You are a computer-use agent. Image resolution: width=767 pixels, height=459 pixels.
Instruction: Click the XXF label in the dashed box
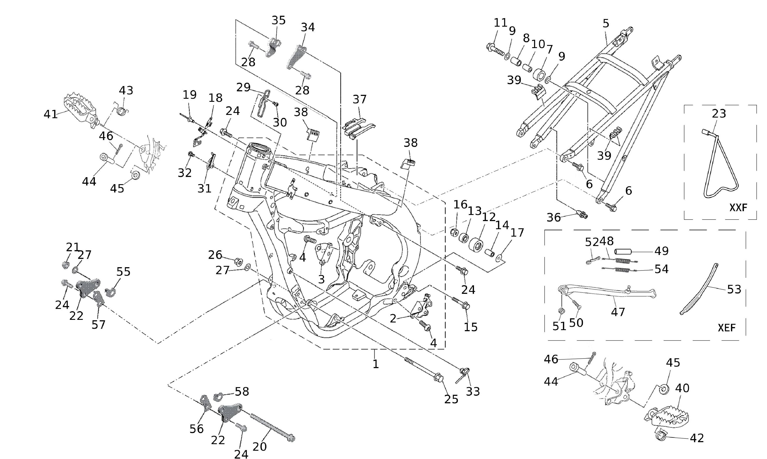(x=738, y=208)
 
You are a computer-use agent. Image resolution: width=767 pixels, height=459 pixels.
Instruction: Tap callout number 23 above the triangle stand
(x=719, y=114)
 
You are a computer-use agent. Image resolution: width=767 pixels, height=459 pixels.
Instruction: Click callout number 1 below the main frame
(x=375, y=364)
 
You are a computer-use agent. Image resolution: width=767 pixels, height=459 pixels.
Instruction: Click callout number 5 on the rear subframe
(x=606, y=24)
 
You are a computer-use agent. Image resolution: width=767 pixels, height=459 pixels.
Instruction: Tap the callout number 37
(x=359, y=100)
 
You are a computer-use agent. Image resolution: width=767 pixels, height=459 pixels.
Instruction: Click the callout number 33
(x=473, y=391)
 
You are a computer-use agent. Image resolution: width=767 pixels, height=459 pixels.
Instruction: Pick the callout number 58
(x=242, y=391)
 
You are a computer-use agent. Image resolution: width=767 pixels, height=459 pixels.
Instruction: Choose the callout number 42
(x=697, y=438)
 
